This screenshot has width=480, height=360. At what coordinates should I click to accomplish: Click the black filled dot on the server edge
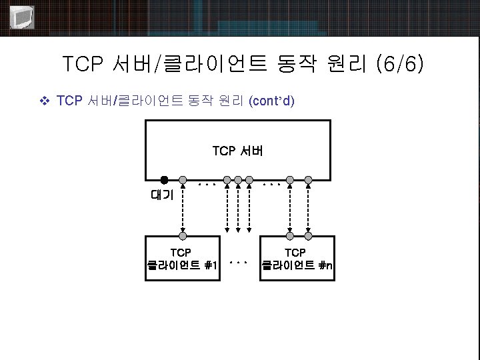click(x=164, y=179)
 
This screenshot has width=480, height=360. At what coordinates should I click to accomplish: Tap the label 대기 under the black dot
click(x=162, y=195)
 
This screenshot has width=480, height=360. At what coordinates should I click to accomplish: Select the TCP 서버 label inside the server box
click(x=238, y=151)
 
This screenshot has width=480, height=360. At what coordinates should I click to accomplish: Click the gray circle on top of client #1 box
click(x=182, y=235)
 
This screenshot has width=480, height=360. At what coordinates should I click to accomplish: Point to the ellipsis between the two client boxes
click(x=238, y=263)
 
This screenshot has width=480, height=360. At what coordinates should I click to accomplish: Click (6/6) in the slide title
click(x=399, y=65)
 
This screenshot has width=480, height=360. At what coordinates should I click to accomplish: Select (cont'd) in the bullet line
click(x=271, y=101)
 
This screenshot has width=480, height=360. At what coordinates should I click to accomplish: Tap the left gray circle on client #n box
click(x=289, y=235)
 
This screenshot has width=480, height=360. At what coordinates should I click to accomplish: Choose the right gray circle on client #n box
click(x=308, y=235)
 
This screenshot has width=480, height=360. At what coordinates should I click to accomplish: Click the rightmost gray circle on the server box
click(x=308, y=179)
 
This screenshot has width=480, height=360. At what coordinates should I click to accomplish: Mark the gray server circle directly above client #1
click(x=182, y=179)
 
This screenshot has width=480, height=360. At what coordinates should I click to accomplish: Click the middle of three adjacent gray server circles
click(x=238, y=179)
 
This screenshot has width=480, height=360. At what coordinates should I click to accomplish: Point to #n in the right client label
click(x=326, y=266)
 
